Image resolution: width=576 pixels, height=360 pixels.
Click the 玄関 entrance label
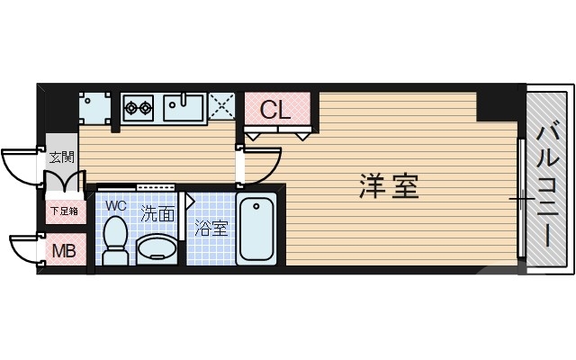tap(62, 156)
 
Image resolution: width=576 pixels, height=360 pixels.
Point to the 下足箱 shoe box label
tap(62, 212)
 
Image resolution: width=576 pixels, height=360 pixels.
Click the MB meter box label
tap(62, 249)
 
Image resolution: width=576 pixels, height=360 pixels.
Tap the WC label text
tap(115, 205)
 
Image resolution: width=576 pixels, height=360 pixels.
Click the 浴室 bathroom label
tap(211, 228)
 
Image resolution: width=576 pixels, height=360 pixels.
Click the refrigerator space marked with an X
tap(222, 106)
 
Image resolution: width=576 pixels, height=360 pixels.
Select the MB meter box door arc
tap(25, 247)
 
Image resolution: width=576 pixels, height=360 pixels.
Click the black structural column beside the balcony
tap(499, 104)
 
